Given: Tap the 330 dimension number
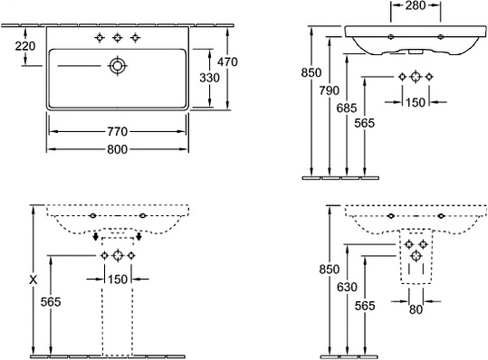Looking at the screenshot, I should [x=208, y=78].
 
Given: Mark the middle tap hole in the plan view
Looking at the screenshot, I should [x=117, y=38].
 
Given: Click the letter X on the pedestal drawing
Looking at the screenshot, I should [x=33, y=280].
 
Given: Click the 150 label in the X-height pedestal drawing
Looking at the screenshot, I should [x=118, y=279].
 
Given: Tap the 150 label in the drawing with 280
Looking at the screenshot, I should [x=416, y=102].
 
